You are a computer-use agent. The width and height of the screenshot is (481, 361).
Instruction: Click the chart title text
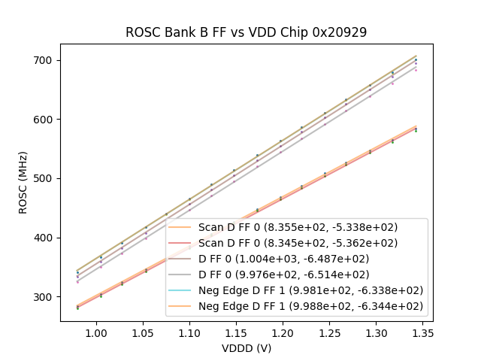(246, 32)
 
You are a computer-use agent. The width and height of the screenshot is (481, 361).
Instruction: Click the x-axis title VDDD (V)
(246, 348)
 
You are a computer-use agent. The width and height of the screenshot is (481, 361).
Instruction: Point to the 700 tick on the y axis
(46, 60)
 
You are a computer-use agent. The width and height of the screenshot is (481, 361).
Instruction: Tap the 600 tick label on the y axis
(46, 120)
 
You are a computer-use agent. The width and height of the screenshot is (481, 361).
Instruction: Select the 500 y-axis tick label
(46, 178)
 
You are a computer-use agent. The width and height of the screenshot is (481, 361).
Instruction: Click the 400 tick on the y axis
(46, 238)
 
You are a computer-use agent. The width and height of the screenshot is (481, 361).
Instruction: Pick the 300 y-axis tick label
(46, 297)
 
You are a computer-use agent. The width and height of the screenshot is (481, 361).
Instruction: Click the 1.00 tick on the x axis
(96, 332)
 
